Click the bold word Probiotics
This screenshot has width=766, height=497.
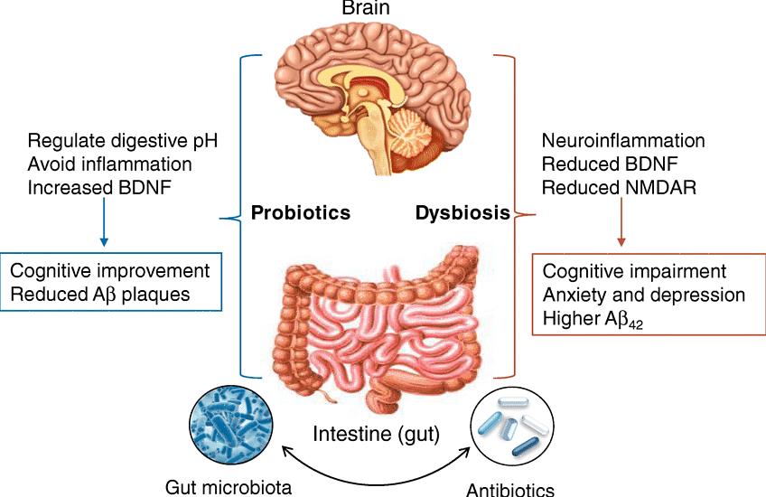(301, 213)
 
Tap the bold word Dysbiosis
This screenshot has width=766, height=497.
(462, 213)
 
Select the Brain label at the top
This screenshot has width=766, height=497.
(366, 8)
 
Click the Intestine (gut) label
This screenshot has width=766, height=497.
(376, 434)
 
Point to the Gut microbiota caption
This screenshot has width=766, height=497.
(229, 487)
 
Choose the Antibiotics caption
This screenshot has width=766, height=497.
(510, 489)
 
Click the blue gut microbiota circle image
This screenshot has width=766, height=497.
(231, 424)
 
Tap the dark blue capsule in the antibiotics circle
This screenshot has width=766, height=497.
(526, 447)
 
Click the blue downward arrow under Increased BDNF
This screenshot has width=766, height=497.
(104, 222)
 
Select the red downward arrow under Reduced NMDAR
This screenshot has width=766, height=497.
(621, 222)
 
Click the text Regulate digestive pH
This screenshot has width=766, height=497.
(123, 141)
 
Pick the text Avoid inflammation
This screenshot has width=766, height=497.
(110, 164)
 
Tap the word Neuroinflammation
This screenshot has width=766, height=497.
(623, 141)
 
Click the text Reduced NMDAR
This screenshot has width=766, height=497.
(619, 188)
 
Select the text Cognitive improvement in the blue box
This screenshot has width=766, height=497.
(110, 271)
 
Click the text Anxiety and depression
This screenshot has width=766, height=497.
(644, 295)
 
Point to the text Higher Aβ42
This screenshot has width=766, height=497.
(593, 320)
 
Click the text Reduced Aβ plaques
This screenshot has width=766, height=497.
(100, 295)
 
